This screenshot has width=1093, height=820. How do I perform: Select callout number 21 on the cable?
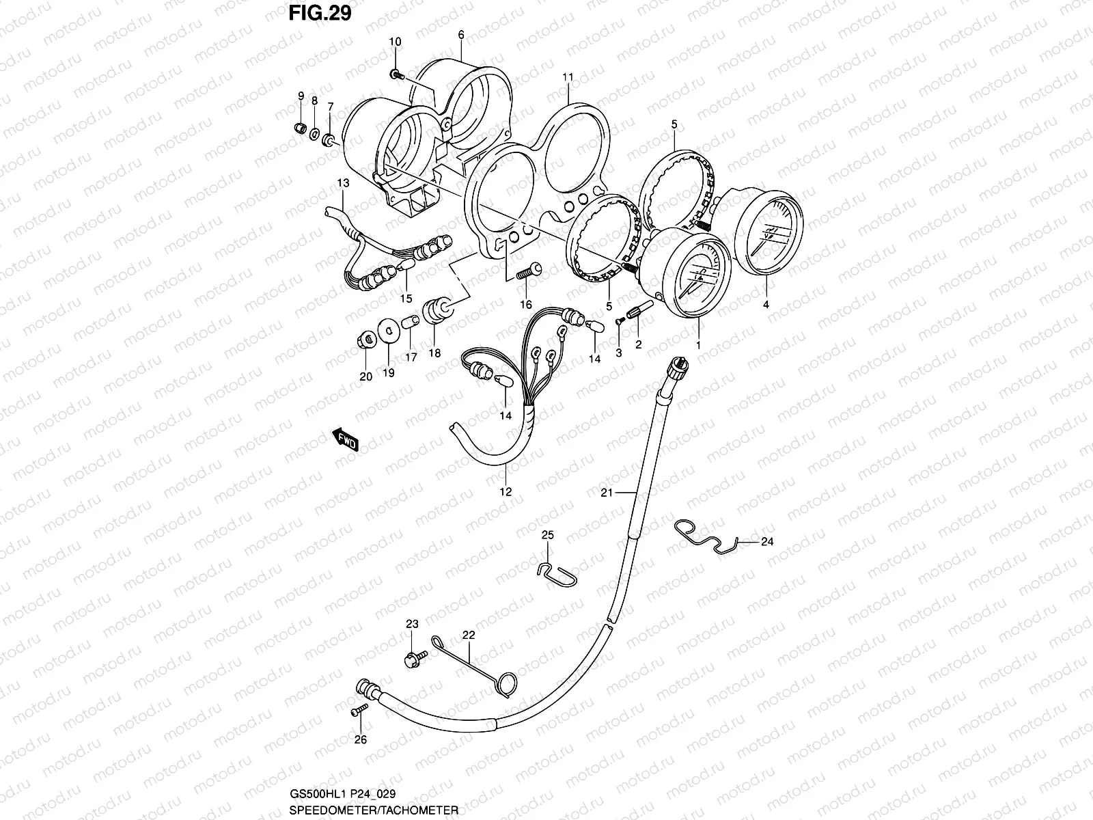(608, 492)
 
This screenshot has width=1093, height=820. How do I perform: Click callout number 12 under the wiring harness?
(506, 491)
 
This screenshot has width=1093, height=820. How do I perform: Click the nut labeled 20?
(365, 339)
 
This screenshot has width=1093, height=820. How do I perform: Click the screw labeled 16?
(526, 271)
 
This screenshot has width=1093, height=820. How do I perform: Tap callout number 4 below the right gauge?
(766, 305)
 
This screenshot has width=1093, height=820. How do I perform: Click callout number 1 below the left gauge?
(698, 346)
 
